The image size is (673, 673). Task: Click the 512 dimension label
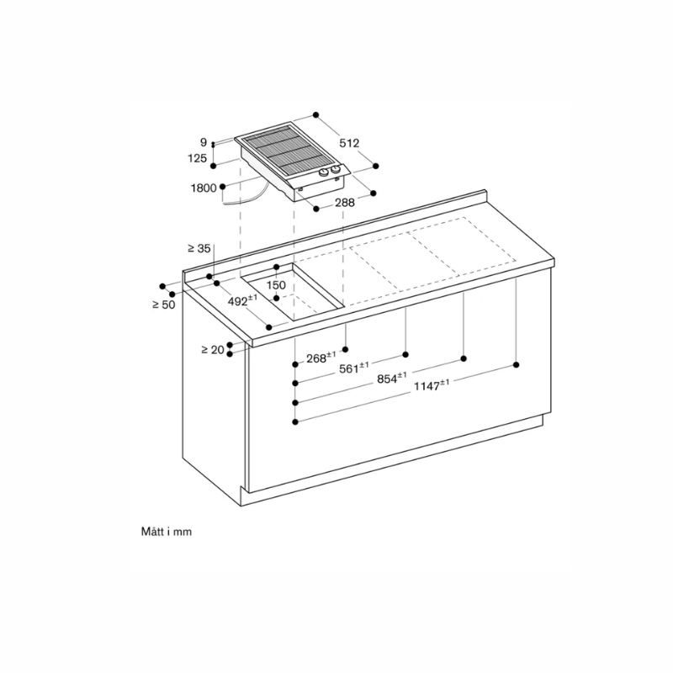coord(349,144)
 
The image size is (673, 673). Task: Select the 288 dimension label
coord(344,202)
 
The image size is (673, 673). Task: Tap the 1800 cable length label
coord(204,188)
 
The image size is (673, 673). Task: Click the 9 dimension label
coord(204,143)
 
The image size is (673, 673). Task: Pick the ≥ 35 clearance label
coord(199,248)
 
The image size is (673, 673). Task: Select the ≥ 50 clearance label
coord(163,304)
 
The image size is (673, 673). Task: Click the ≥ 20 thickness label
coord(213,349)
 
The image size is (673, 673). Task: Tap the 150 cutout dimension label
coord(276,285)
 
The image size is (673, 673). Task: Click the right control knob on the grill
coord(336,172)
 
